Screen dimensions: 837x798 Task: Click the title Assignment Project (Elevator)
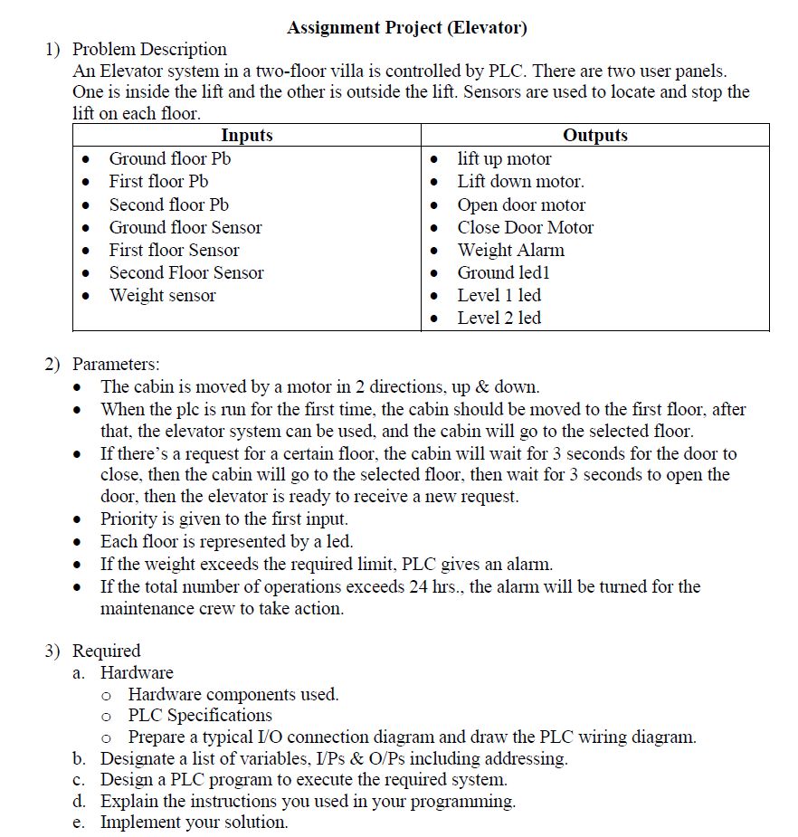point(406,27)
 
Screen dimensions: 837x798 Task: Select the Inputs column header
point(246,136)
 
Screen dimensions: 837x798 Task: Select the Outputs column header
point(594,136)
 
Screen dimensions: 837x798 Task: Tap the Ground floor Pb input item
point(171,159)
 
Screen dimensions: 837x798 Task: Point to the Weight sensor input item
point(162,295)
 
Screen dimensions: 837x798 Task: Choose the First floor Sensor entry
point(174,250)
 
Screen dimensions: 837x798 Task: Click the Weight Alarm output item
point(510,250)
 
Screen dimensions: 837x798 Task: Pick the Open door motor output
point(521,204)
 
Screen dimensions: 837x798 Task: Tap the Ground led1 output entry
point(503,272)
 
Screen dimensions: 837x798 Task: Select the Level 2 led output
point(499,318)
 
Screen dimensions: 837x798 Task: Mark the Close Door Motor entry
point(525,227)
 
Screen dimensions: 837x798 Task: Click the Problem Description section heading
point(149,49)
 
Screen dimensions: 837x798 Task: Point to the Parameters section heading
point(116,364)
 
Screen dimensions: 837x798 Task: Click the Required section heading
point(107,651)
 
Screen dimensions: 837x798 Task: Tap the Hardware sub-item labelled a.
point(137,672)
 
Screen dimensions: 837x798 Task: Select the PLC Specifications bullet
point(200,715)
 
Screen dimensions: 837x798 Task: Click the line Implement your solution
point(194,823)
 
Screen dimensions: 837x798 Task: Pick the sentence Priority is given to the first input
point(223,518)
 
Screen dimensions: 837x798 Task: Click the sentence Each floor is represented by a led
point(226,541)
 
